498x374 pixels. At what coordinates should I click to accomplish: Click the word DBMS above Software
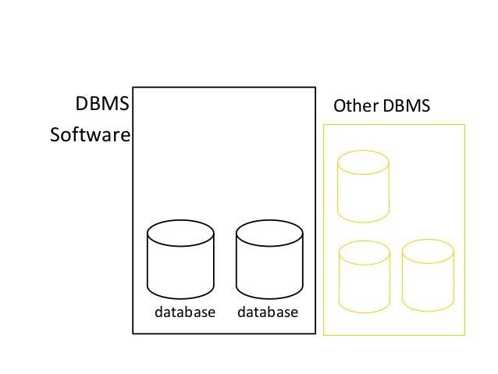(101, 105)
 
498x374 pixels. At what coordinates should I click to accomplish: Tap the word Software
(90, 136)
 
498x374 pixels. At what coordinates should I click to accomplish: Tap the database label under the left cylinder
(184, 312)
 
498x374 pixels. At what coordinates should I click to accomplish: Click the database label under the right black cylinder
(268, 312)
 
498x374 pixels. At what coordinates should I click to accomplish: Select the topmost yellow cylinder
(363, 187)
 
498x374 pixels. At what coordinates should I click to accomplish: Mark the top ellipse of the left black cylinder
(180, 232)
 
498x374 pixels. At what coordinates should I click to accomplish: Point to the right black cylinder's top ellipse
(269, 232)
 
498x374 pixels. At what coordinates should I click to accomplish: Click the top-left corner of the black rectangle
(133, 87)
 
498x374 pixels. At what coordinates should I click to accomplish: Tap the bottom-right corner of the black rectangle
(315, 333)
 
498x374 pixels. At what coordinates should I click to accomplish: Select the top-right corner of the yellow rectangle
(464, 124)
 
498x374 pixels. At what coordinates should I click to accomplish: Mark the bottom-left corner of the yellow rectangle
(323, 335)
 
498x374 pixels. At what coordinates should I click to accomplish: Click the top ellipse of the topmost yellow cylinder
(363, 162)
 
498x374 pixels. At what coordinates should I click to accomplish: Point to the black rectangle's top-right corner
(315, 87)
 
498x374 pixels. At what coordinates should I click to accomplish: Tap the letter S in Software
(55, 136)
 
